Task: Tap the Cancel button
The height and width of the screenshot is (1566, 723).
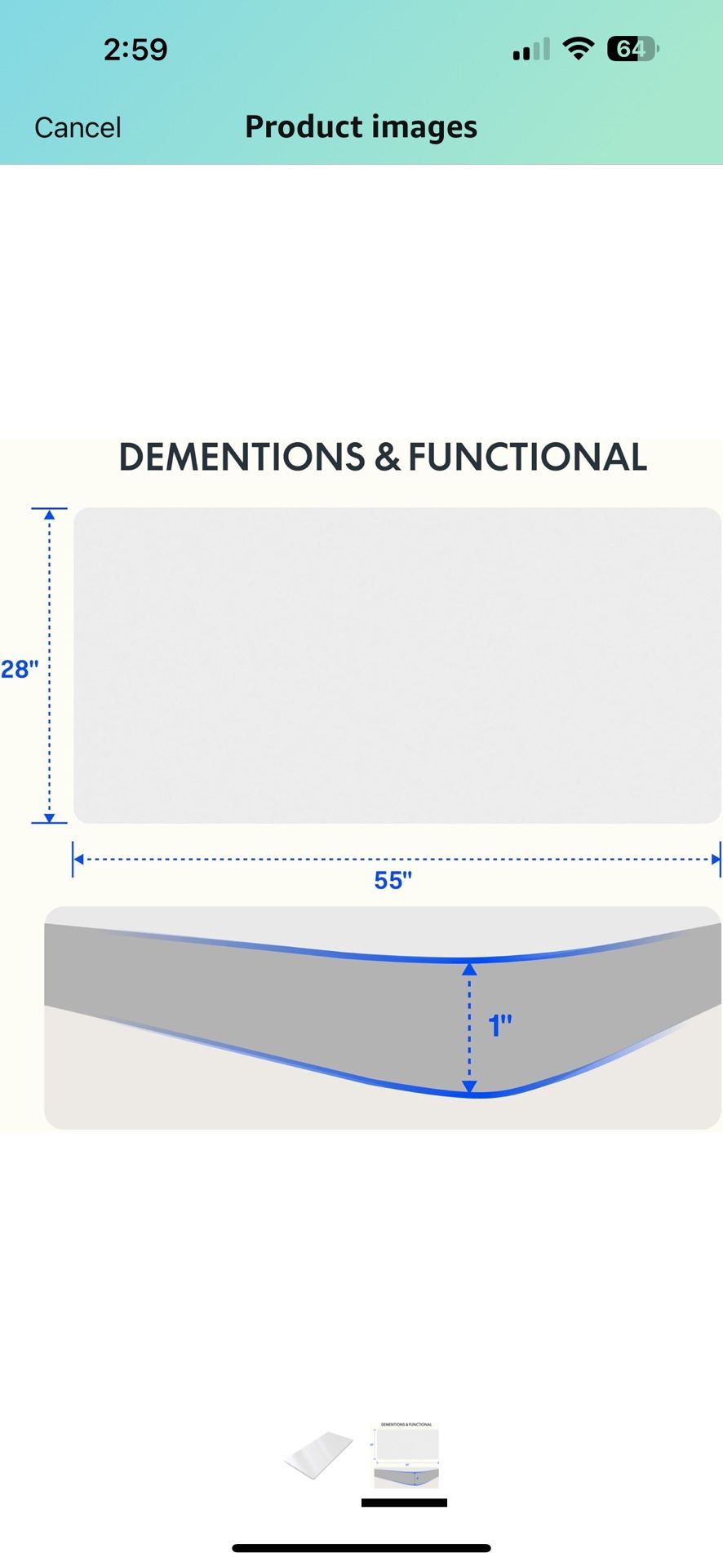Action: [78, 127]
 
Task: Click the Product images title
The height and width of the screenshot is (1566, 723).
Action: [361, 127]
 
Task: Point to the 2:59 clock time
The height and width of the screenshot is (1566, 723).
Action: [135, 50]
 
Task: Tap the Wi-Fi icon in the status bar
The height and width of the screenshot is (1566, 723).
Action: [579, 49]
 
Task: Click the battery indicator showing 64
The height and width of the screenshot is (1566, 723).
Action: [633, 49]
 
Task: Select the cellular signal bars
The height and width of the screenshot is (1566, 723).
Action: [531, 50]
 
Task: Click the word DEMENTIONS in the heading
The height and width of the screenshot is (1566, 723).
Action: [242, 457]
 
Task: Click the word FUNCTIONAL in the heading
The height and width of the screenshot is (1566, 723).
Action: [527, 457]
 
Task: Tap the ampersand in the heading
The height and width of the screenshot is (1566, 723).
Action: [387, 458]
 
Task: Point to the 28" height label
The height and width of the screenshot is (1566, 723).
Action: [20, 670]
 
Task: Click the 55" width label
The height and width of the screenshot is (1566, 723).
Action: [393, 881]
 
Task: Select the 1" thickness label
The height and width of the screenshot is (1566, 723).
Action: [500, 1025]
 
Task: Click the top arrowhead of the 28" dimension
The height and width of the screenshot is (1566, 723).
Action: [50, 515]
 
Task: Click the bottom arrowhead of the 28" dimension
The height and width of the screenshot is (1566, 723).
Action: [50, 817]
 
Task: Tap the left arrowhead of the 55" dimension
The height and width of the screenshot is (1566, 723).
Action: [78, 859]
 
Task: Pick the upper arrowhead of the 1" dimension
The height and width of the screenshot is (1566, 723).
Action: [469, 969]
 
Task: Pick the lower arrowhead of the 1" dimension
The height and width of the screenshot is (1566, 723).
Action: [469, 1086]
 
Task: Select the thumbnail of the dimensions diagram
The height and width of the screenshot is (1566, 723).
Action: [406, 1454]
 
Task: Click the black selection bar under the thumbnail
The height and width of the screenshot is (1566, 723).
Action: [404, 1502]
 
